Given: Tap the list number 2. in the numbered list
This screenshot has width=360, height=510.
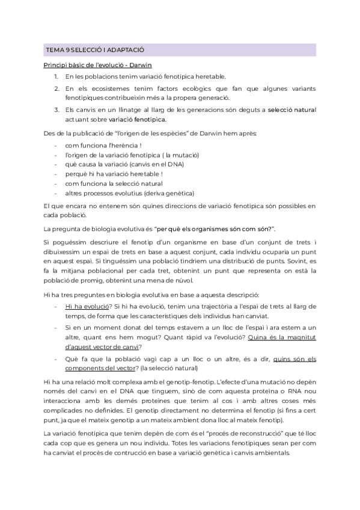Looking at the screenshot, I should coord(56,89).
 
